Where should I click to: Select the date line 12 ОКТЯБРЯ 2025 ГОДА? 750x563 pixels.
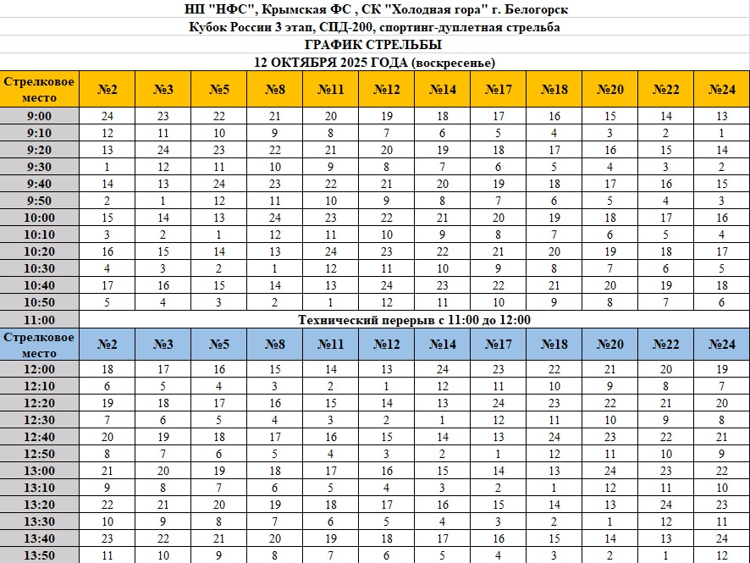tap(374, 63)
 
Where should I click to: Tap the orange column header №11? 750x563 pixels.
tap(331, 90)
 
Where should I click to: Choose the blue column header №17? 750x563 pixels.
tap(499, 344)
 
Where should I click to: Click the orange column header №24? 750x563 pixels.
tap(721, 90)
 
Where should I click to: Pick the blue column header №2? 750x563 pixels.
tap(108, 344)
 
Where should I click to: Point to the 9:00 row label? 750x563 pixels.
tap(40, 116)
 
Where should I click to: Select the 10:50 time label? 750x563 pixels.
tap(40, 302)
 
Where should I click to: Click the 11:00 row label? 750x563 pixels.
tap(40, 320)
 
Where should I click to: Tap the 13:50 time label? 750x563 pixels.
tap(40, 555)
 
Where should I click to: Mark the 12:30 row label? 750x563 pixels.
tap(40, 420)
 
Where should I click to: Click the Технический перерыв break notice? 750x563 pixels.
tap(414, 320)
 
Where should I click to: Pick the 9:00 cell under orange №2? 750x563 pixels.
tap(108, 116)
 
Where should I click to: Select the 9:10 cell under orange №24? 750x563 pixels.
tap(721, 133)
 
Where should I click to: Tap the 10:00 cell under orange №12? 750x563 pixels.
tap(386, 218)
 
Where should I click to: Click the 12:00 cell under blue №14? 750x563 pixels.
tap(443, 369)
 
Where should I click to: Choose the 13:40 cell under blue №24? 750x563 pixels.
tap(721, 538)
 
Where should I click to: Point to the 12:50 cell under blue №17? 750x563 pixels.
tap(499, 454)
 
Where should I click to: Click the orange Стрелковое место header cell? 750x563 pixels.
tap(40, 90)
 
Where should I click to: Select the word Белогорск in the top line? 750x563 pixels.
tap(532, 9)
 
